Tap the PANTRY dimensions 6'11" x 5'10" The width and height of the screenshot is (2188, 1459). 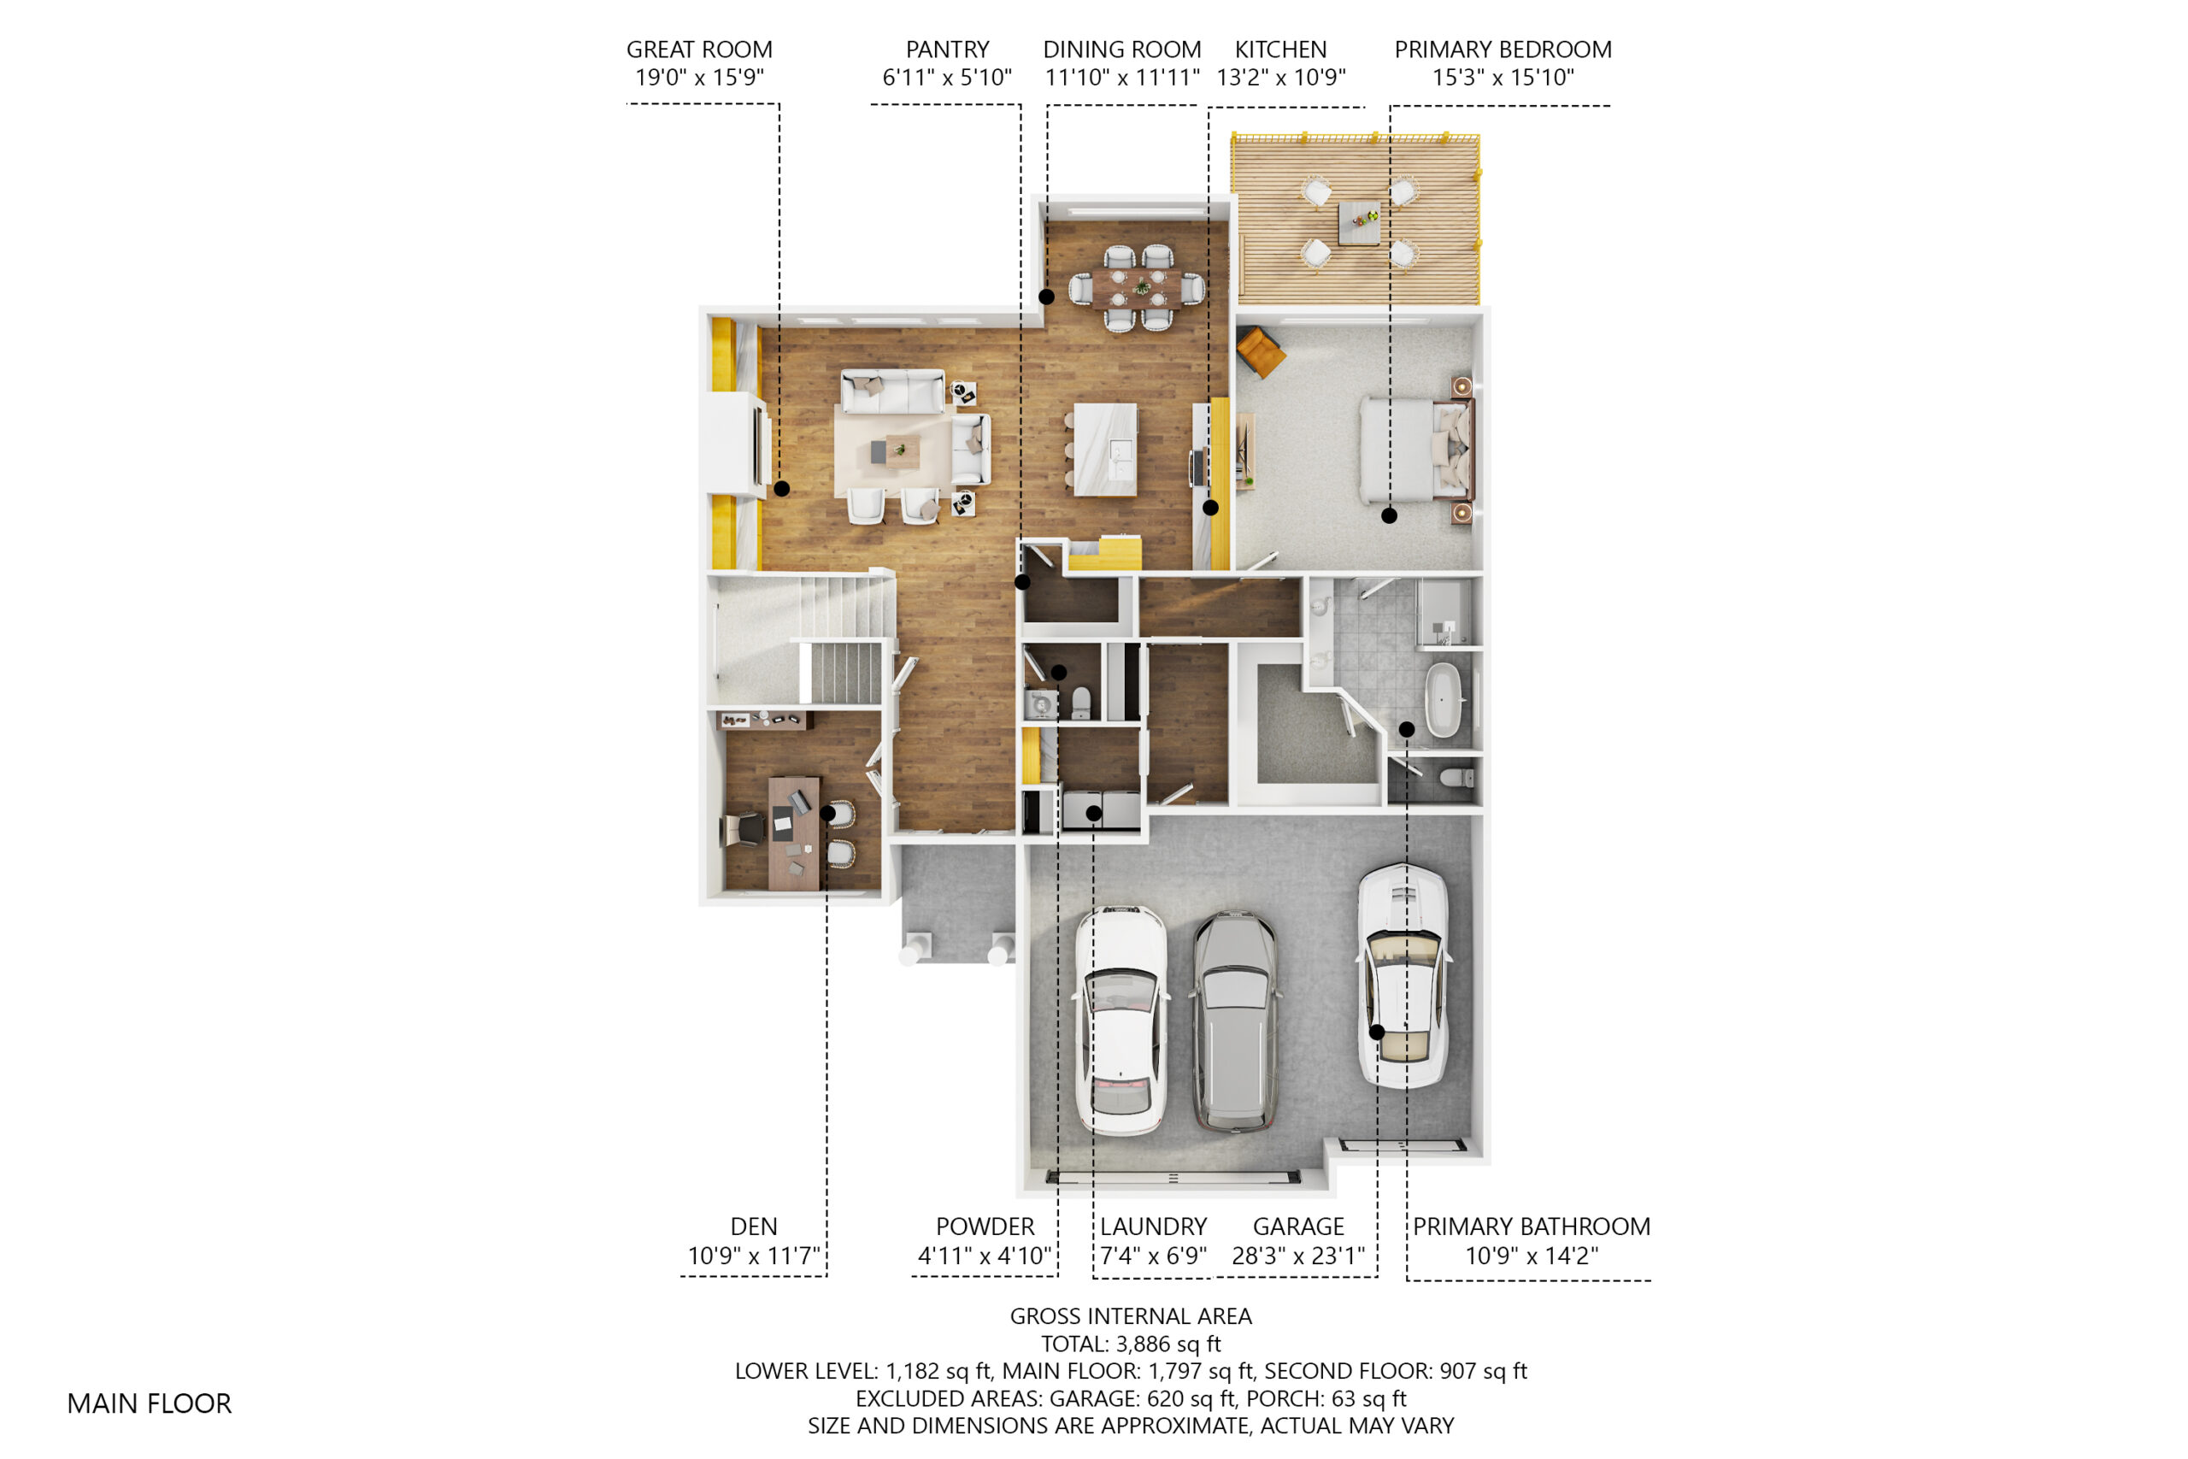click(947, 77)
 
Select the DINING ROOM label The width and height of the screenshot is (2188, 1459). click(1122, 50)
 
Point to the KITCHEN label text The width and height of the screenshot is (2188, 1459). click(1280, 50)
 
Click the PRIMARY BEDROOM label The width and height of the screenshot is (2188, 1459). click(1503, 50)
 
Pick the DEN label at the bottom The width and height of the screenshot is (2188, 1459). click(754, 1227)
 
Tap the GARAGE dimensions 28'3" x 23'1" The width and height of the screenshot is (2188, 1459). click(1297, 1256)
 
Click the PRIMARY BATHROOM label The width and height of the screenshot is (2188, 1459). click(1532, 1227)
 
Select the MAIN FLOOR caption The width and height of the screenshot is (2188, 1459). click(149, 1403)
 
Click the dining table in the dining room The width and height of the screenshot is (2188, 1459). click(1137, 287)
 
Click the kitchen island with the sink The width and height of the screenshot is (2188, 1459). click(1105, 450)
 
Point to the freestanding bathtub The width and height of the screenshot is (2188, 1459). click(1443, 700)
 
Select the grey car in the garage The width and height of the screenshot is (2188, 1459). click(1234, 1021)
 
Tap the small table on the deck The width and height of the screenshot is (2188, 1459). click(1359, 223)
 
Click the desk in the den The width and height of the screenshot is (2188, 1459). click(793, 832)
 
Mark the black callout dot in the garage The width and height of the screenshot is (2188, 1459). click(1377, 1032)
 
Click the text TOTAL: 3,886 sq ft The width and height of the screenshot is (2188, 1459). click(1130, 1344)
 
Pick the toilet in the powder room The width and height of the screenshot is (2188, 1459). click(1081, 703)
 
